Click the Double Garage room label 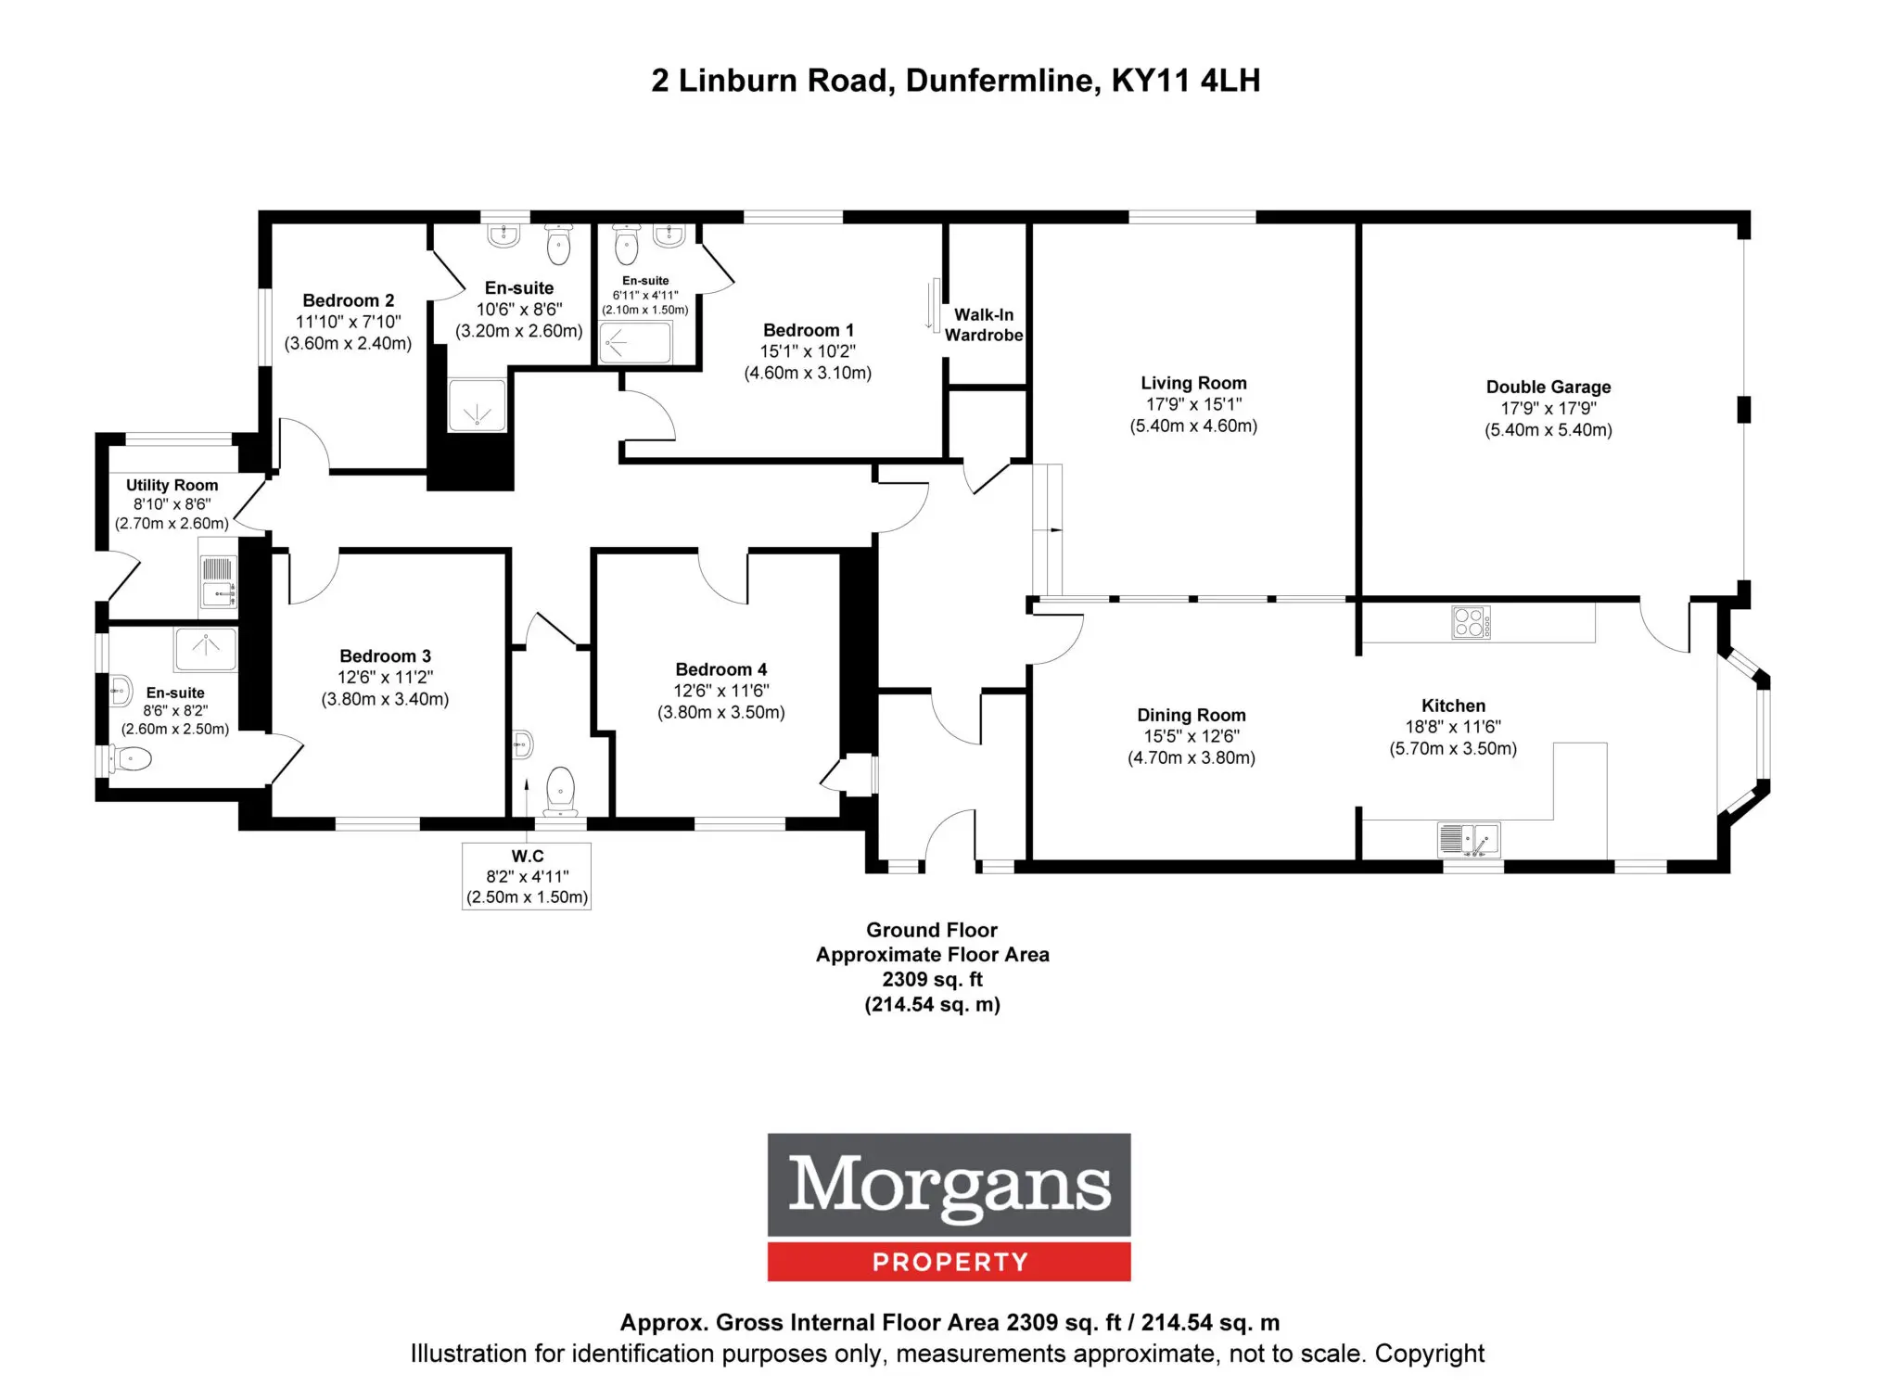point(1548,388)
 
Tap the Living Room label point(1193,383)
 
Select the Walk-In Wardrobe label point(984,324)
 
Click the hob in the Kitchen point(1471,622)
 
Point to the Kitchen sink point(1469,839)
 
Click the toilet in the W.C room point(560,789)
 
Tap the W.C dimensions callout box point(527,876)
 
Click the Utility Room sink point(218,581)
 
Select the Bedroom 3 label point(385,656)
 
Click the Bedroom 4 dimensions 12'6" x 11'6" point(721,691)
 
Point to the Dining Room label point(1192,715)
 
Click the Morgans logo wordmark point(949,1185)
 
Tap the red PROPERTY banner point(949,1262)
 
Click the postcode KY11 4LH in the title point(1186,81)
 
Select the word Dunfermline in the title point(1003,81)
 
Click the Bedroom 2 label point(349,300)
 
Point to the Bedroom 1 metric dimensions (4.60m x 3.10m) point(808,373)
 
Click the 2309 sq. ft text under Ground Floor point(932,979)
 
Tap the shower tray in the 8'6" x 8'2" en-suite point(205,649)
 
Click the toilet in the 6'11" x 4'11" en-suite point(627,244)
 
